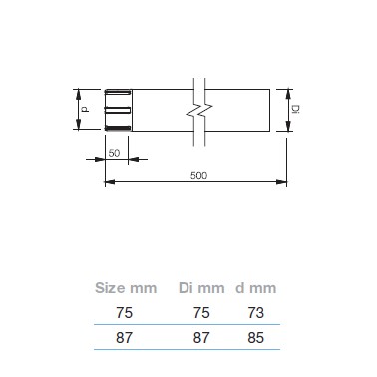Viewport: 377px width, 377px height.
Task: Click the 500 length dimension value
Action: click(x=198, y=175)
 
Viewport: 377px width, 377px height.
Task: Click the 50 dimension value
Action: click(x=114, y=153)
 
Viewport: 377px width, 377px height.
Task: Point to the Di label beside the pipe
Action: click(x=295, y=109)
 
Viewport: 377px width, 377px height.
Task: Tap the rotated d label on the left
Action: click(x=86, y=109)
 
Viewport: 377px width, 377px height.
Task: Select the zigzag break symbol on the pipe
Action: click(x=199, y=112)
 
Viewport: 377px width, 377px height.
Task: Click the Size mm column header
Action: click(x=126, y=288)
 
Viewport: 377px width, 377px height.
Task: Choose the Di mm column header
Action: click(x=201, y=288)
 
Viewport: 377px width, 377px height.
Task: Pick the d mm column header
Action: click(x=256, y=288)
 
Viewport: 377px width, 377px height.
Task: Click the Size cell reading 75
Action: click(x=124, y=313)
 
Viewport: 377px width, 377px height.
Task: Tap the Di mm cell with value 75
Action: click(x=201, y=313)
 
